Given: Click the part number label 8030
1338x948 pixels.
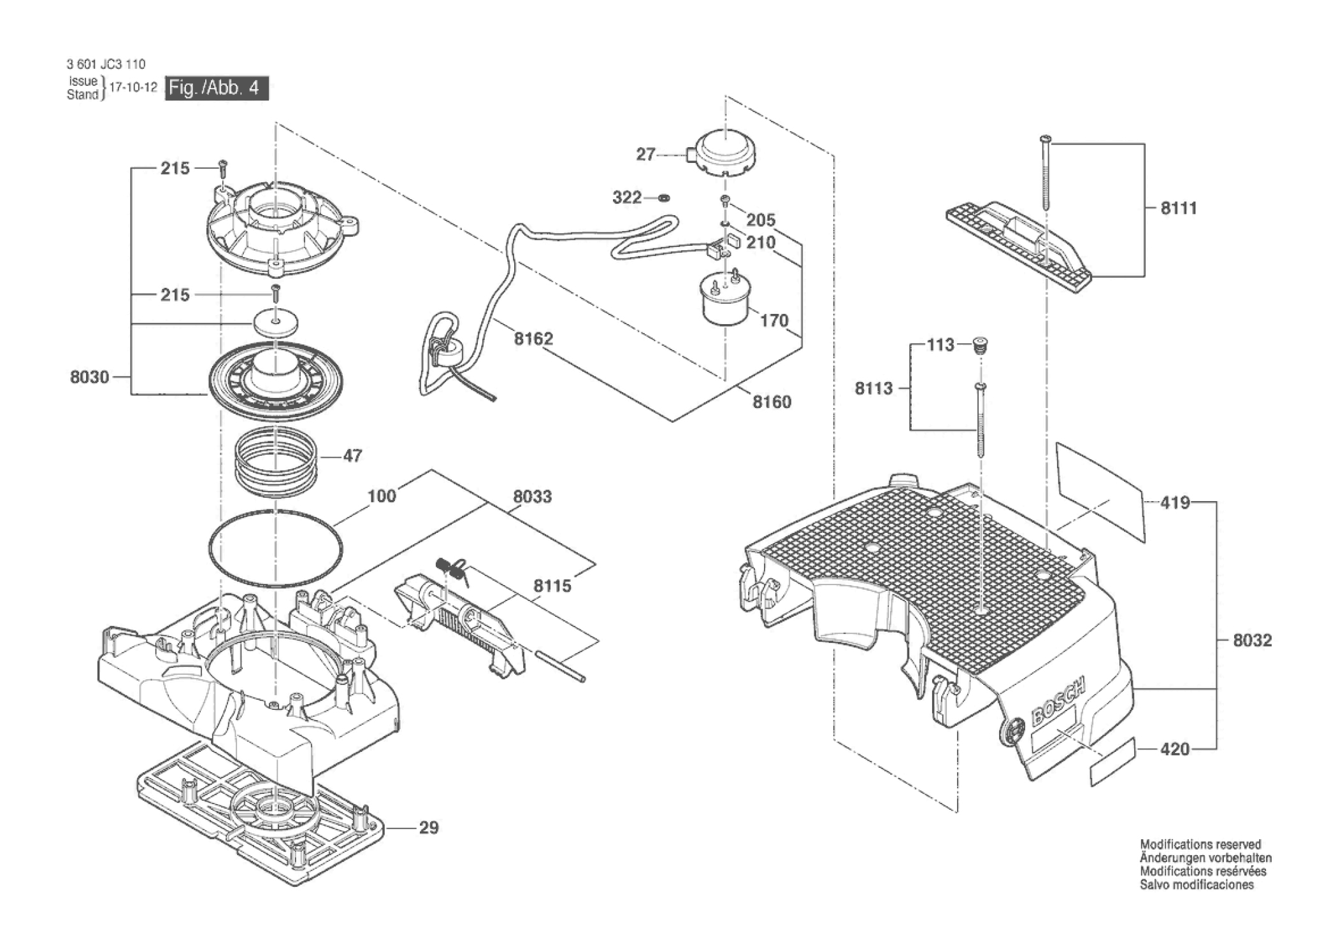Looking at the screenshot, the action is pyautogui.click(x=89, y=378).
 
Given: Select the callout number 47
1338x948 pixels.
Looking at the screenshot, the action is pyautogui.click(x=352, y=456).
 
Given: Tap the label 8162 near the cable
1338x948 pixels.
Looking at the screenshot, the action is pyautogui.click(x=533, y=339).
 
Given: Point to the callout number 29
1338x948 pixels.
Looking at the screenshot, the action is pyautogui.click(x=429, y=828).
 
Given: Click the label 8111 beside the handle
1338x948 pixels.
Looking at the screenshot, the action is pyautogui.click(x=1179, y=208).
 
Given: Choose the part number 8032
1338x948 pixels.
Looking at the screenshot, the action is pyautogui.click(x=1252, y=640).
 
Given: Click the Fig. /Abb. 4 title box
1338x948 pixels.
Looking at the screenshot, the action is pyautogui.click(x=217, y=88).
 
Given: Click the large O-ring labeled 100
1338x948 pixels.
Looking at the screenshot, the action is pyautogui.click(x=275, y=548).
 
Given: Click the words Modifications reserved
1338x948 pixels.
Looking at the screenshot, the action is pyautogui.click(x=1200, y=845).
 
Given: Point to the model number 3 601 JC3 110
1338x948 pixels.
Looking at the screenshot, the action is pyautogui.click(x=106, y=64).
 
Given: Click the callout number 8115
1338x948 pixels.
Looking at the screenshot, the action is pyautogui.click(x=552, y=586).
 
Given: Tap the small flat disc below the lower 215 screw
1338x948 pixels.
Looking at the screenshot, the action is pyautogui.click(x=276, y=322).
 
